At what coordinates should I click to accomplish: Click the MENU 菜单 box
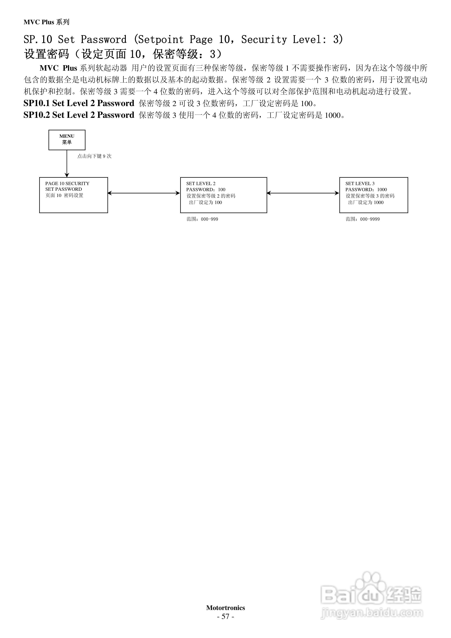pos(67,140)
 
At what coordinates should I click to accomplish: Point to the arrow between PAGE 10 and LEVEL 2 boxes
pos(144,193)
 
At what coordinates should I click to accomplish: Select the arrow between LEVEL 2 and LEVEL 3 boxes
pos(303,193)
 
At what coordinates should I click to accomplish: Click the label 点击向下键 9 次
pos(94,156)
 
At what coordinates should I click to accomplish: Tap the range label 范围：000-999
pos(202,219)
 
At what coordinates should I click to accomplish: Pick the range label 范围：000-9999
pos(363,219)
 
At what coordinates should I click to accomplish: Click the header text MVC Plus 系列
pos(46,22)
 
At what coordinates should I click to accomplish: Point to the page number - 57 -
pos(225,616)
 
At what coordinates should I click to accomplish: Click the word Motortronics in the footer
pos(225,608)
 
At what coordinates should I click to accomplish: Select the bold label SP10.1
pos(36,103)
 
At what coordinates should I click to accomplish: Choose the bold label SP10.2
pos(36,115)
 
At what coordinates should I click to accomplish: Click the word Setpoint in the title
pos(161,39)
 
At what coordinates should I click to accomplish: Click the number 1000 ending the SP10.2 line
pos(333,115)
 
